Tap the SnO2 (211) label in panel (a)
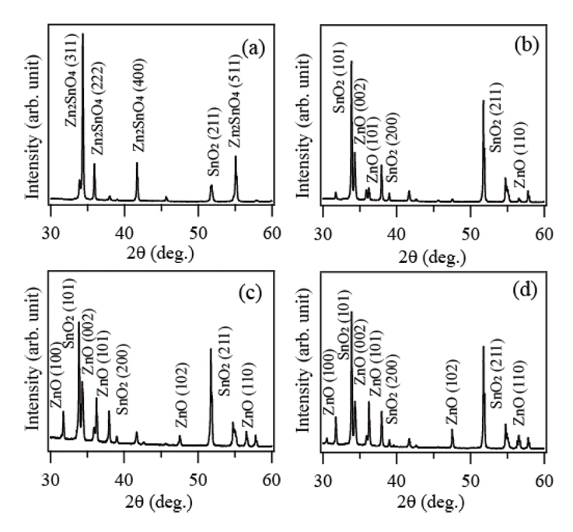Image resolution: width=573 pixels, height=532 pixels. coord(211,142)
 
